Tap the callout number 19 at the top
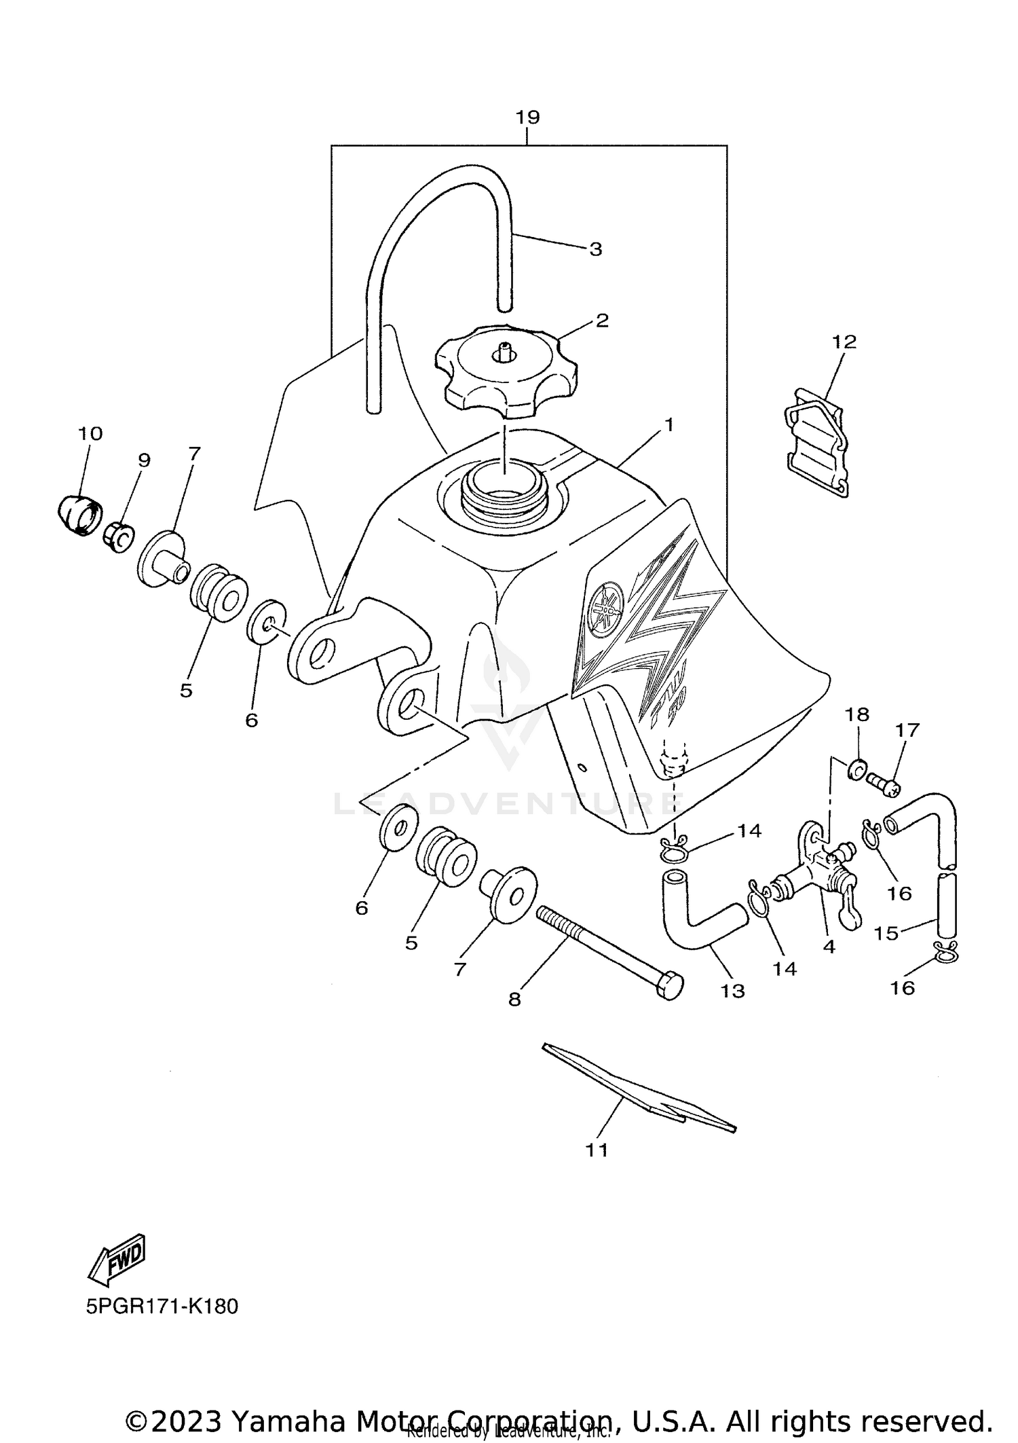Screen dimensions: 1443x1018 pos(527,117)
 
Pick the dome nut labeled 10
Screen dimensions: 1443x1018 pos(79,515)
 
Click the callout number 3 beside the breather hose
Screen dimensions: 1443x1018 pos(595,249)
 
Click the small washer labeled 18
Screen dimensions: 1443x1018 pos(857,769)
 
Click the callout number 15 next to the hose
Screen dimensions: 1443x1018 pos(886,933)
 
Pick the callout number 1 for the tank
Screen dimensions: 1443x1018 pos(668,425)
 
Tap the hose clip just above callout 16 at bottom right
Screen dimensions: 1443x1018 pos(946,953)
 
